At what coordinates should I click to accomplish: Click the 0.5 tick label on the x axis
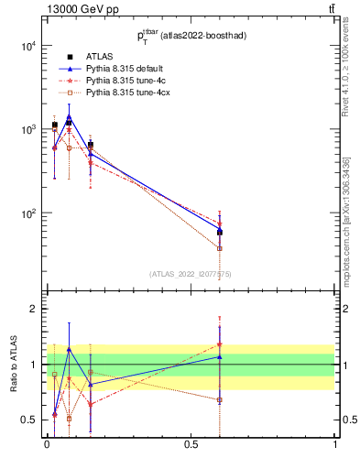191,444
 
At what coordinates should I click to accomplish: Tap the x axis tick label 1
334,444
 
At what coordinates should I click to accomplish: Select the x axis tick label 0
47,444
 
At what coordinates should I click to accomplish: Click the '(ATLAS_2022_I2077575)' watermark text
191,274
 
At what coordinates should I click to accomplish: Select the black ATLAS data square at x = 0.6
219,232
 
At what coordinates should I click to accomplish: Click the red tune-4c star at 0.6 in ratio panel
219,345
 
